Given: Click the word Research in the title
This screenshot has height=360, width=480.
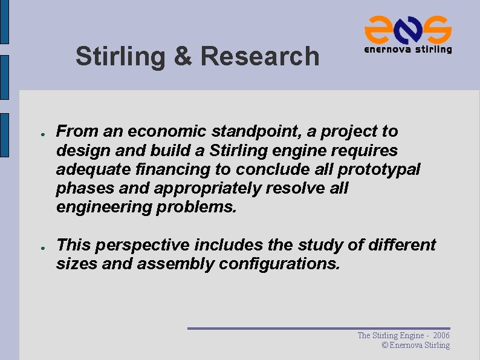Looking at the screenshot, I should tap(259, 56).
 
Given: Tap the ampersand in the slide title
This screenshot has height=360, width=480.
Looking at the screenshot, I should tap(182, 56).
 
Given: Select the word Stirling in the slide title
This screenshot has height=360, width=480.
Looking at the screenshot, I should tap(120, 56).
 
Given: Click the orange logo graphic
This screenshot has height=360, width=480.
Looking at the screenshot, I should tap(407, 28).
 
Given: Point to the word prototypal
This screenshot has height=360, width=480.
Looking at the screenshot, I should tap(383, 169).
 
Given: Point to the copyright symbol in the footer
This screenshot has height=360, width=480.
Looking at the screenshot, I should tap(385, 345).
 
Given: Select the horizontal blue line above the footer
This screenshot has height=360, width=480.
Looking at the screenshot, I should tap(319, 329).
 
